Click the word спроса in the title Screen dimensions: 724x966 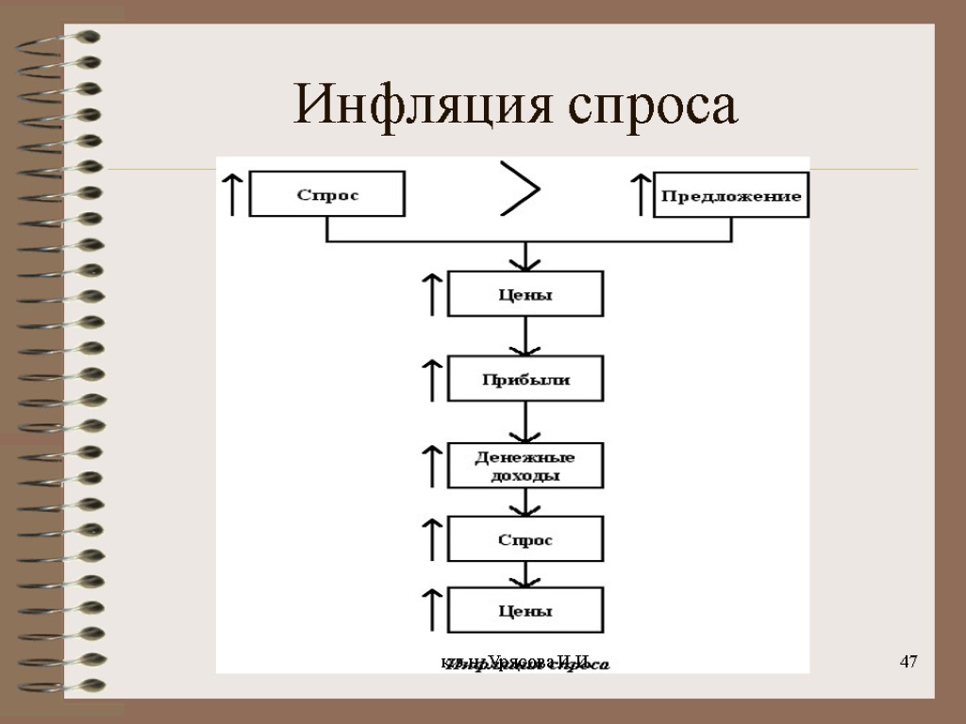[653, 107]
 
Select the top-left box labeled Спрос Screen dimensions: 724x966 [327, 194]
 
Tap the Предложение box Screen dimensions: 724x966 [731, 195]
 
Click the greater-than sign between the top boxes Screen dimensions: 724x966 [520, 189]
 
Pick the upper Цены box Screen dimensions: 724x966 [525, 294]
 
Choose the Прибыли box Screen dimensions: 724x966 [525, 379]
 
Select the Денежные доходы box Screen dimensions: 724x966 [525, 465]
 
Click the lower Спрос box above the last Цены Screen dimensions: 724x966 [525, 539]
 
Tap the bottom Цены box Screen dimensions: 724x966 [525, 610]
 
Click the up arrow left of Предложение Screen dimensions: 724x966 [641, 194]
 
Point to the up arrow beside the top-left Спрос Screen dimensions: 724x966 [231, 194]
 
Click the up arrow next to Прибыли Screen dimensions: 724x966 [431, 379]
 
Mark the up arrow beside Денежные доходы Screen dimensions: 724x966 [431, 465]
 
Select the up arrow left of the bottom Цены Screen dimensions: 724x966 [431, 610]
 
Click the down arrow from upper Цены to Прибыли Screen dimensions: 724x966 [525, 337]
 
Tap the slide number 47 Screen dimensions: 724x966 [908, 661]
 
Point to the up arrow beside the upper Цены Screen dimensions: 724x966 [431, 294]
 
